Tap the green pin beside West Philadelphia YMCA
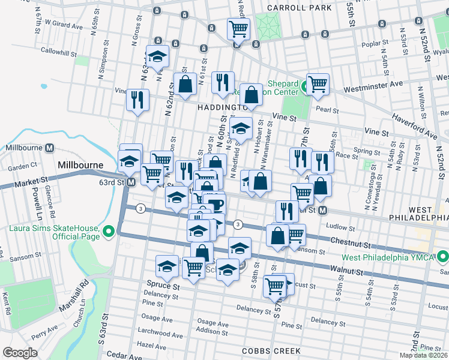click(443, 257)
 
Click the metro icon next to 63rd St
click(130, 182)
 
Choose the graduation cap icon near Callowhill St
click(158, 57)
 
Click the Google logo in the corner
click(20, 353)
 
